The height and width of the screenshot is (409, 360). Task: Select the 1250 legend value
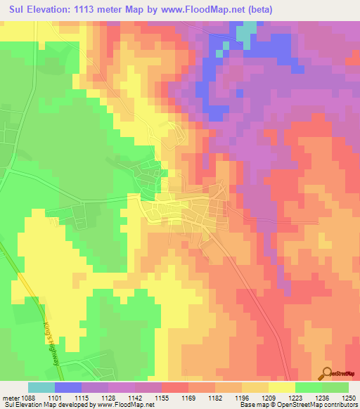point(349,397)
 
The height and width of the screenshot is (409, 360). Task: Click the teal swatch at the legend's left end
point(41,387)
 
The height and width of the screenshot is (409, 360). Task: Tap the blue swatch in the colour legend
point(67,387)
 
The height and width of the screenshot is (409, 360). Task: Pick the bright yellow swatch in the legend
point(281,387)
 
